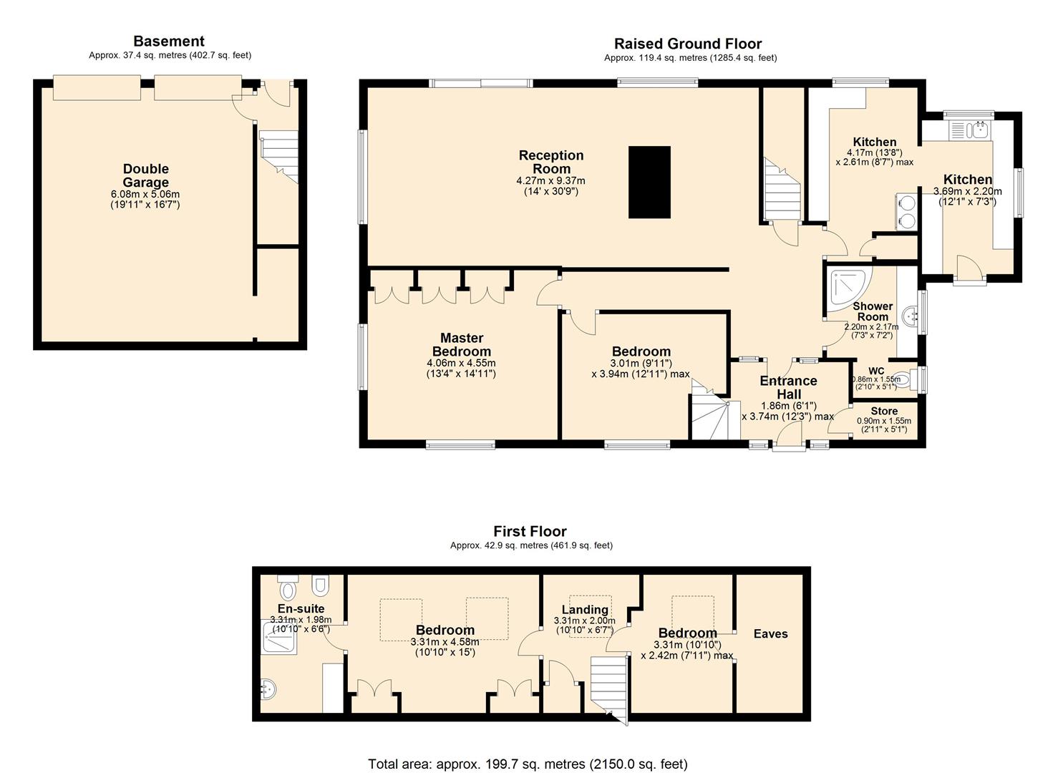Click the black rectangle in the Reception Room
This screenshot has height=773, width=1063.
(649, 183)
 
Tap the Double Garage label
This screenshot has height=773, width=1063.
(146, 175)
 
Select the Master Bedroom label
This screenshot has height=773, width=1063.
(461, 344)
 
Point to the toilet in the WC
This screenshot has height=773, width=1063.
(903, 379)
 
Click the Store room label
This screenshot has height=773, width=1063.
(884, 411)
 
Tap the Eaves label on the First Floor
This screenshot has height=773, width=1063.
(771, 633)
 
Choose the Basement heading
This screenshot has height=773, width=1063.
(169, 42)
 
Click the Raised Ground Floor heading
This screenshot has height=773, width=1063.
(688, 44)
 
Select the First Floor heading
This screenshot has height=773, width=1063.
(530, 531)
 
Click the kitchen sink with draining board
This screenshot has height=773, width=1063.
(968, 130)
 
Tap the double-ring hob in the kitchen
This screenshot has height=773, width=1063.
(906, 212)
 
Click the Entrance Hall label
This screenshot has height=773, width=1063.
(788, 387)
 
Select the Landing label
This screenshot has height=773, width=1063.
(585, 610)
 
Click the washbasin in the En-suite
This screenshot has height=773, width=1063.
(268, 689)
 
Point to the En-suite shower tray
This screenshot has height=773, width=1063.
(278, 638)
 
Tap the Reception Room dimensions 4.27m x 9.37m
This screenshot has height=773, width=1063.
(550, 181)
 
